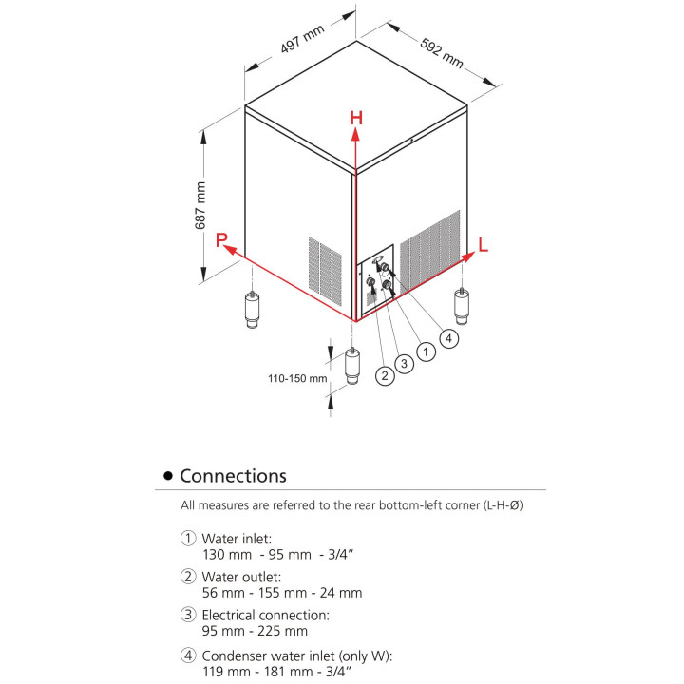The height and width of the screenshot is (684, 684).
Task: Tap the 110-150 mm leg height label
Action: click(x=296, y=377)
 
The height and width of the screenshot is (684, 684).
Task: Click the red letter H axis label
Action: click(x=355, y=119)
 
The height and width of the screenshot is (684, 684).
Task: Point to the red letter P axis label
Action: click(x=220, y=240)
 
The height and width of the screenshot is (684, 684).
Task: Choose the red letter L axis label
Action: click(x=483, y=245)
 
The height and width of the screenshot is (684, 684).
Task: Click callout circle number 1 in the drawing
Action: click(x=427, y=351)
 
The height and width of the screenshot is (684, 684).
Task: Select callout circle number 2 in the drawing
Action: click(x=385, y=375)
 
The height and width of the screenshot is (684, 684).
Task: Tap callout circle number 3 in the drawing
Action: click(x=405, y=363)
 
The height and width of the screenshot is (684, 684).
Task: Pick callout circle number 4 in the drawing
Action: click(x=448, y=336)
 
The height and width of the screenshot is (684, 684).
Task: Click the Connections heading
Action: click(x=233, y=475)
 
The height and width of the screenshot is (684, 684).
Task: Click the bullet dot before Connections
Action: click(x=169, y=476)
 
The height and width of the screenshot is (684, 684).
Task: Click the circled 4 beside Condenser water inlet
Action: click(x=188, y=654)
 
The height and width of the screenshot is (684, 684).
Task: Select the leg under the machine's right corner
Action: click(x=462, y=305)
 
